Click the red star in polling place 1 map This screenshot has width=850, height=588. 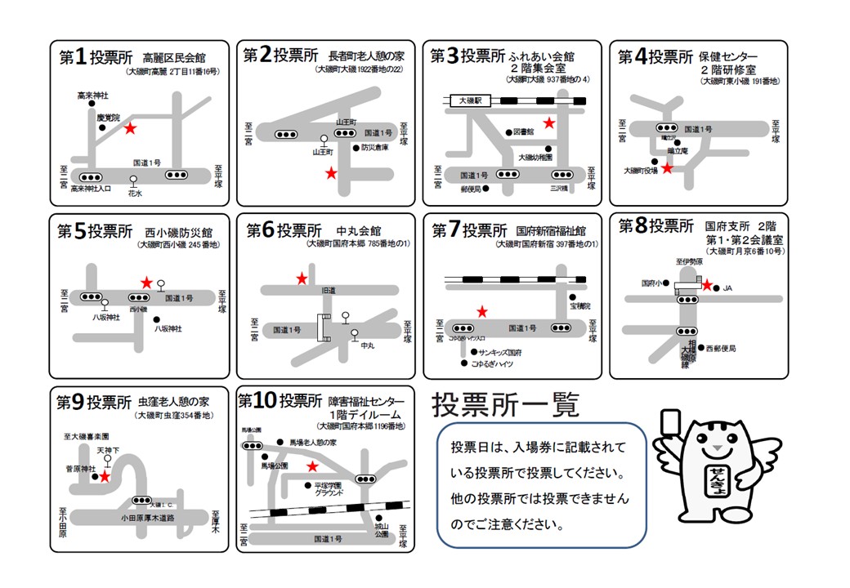pyautogui.click(x=129, y=128)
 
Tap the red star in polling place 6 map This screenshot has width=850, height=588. pyautogui.click(x=302, y=278)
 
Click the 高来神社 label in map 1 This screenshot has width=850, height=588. pyautogui.click(x=92, y=96)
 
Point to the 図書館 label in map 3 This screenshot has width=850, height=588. pyautogui.click(x=523, y=131)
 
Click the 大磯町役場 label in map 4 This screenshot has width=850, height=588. pyautogui.click(x=641, y=171)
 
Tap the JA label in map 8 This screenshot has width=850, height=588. pyautogui.click(x=727, y=287)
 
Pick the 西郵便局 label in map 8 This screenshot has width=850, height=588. pyautogui.click(x=720, y=348)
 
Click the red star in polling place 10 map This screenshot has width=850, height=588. pyautogui.click(x=311, y=466)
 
